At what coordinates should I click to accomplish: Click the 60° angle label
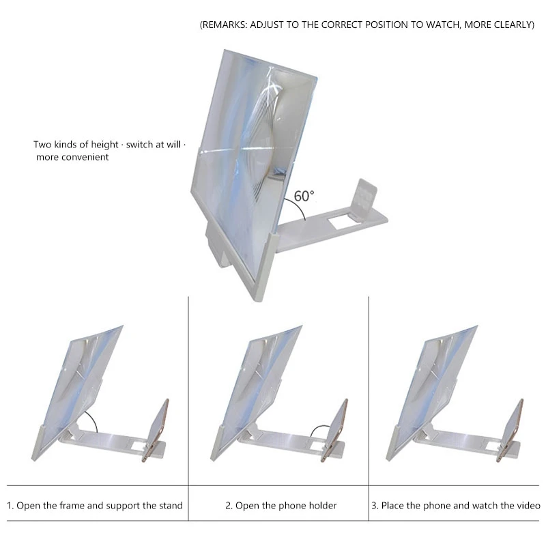pyautogui.click(x=304, y=196)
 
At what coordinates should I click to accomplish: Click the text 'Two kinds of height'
pyautogui.click(x=72, y=145)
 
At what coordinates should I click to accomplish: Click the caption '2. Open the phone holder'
pyautogui.click(x=281, y=506)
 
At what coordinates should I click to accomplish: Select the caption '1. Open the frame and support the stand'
pyautogui.click(x=95, y=506)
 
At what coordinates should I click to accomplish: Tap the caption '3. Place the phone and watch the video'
pyautogui.click(x=456, y=506)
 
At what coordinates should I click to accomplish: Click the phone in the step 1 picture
pyautogui.click(x=158, y=429)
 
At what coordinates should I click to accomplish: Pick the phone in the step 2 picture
pyautogui.click(x=336, y=429)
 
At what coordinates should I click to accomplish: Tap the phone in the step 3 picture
pyautogui.click(x=513, y=429)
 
